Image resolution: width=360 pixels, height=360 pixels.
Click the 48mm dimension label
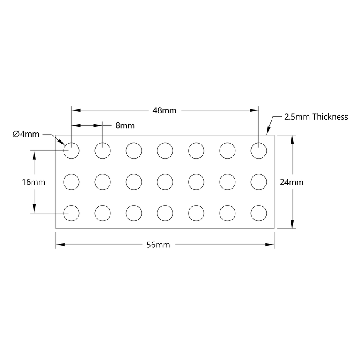coord(164,110)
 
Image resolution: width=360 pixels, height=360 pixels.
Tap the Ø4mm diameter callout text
coord(26,134)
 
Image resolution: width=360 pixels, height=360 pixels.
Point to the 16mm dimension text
coord(34,182)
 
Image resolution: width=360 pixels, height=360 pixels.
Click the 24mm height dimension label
coord(291,182)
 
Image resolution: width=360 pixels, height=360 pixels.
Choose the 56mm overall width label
coord(159,245)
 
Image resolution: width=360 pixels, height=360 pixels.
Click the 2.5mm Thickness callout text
coord(316,117)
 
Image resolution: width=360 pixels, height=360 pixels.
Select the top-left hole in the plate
coord(71,150)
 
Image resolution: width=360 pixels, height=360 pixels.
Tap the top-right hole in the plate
coord(259,150)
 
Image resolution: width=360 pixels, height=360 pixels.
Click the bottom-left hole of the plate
coord(71,213)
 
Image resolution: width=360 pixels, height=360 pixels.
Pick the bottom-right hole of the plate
coord(259,213)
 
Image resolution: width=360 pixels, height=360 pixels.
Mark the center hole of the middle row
coord(165,181)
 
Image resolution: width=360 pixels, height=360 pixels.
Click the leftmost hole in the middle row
coord(71,181)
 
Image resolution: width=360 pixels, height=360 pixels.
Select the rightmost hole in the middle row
coord(259,181)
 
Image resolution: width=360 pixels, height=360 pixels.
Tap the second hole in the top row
coord(103,150)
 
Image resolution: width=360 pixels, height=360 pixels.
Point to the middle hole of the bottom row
coord(165,213)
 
